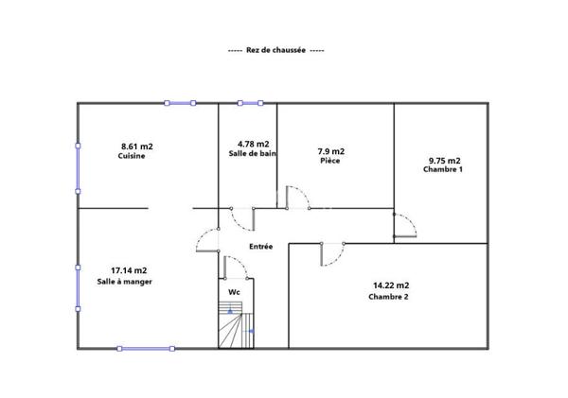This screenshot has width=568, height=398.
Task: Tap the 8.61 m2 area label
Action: click(137, 146)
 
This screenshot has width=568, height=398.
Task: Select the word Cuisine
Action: click(132, 157)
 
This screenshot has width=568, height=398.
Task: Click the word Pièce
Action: click(329, 162)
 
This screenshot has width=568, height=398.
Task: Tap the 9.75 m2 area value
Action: click(444, 160)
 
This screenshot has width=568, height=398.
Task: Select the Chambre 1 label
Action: click(442, 170)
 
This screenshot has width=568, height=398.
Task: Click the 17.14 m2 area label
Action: click(129, 270)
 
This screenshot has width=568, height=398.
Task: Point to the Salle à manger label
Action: click(125, 282)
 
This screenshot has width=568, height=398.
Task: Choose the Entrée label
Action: click(260, 247)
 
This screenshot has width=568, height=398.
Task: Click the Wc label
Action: click(234, 292)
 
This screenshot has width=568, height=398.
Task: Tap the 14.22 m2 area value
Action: click(391, 285)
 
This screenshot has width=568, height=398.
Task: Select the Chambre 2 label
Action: click(388, 297)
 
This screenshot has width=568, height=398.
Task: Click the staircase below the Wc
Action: click(233, 326)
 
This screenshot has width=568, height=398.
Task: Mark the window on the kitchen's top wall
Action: click(181, 103)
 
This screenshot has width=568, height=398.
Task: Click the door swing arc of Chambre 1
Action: click(407, 224)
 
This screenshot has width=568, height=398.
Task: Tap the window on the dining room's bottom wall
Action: click(146, 349)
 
